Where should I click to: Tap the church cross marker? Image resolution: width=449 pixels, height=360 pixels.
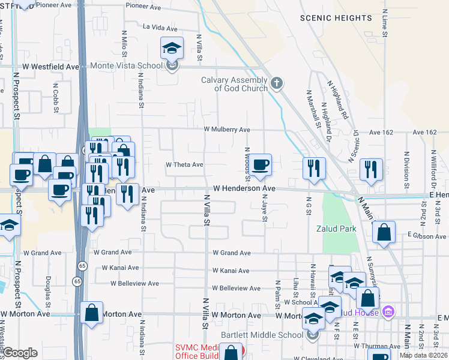click(x=276, y=83)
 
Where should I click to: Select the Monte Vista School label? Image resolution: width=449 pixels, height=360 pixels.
click(x=126, y=66)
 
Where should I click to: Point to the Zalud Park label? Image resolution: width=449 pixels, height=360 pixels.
click(x=336, y=229)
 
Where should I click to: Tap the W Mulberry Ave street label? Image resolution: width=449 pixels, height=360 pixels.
click(x=226, y=130)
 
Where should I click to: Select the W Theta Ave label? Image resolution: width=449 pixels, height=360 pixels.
click(x=184, y=164)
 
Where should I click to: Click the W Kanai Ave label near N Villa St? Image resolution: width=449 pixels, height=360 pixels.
click(x=231, y=271)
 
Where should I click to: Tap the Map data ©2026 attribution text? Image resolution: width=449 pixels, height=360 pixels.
click(x=423, y=355)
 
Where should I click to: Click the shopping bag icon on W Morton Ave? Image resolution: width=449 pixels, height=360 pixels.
click(x=91, y=312)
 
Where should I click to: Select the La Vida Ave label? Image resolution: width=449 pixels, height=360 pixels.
click(x=161, y=27)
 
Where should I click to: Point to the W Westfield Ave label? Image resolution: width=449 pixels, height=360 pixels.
click(x=51, y=67)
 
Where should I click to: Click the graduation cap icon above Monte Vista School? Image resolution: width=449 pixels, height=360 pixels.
click(x=172, y=47)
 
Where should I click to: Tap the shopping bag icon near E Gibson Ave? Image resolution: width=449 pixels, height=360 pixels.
click(x=383, y=232)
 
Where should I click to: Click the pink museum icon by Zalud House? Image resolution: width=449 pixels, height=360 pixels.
click(x=388, y=312)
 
